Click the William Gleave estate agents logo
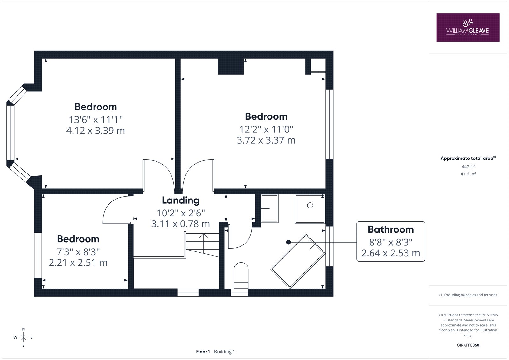pyautogui.click(x=468, y=27)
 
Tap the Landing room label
pyautogui.click(x=181, y=200)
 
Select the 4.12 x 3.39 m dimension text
pyautogui.click(x=96, y=131)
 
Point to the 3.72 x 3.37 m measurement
pyautogui.click(x=266, y=140)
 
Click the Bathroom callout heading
pyautogui.click(x=391, y=229)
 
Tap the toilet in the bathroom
pyautogui.click(x=241, y=276)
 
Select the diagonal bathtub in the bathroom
pyautogui.click(x=298, y=261)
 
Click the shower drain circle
pyautogui.click(x=310, y=205)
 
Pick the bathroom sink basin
pyautogui.click(x=270, y=208)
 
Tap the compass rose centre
pyautogui.click(x=24, y=337)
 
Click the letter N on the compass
pyautogui.click(x=24, y=329)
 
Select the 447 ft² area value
pyautogui.click(x=468, y=166)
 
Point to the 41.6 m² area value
pyautogui.click(x=468, y=174)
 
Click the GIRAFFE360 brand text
pyautogui.click(x=468, y=345)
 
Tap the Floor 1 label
pyautogui.click(x=203, y=352)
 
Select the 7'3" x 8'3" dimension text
pyautogui.click(x=78, y=252)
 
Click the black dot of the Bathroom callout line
pyautogui.click(x=289, y=242)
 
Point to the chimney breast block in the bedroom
pyautogui.click(x=231, y=67)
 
